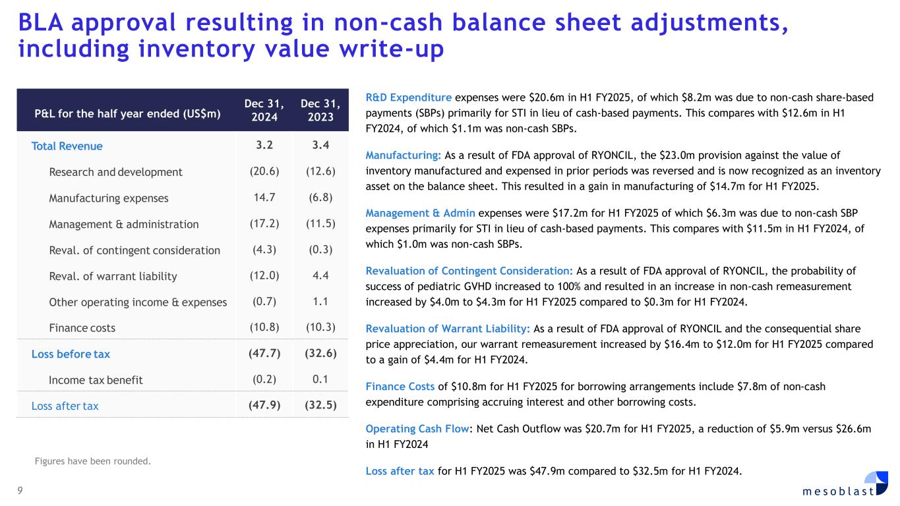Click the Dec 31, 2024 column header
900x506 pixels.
pyautogui.click(x=264, y=110)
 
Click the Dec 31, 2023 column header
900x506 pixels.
pyautogui.click(x=320, y=110)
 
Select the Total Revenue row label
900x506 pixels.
pyautogui.click(x=67, y=146)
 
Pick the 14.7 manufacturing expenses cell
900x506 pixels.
pyautogui.click(x=264, y=198)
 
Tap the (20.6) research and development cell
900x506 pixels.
pyautogui.click(x=264, y=172)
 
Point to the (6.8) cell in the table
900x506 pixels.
pyautogui.click(x=320, y=198)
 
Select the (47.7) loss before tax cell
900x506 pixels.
pyautogui.click(x=264, y=354)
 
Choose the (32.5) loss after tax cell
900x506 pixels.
pyautogui.click(x=320, y=406)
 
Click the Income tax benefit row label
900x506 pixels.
pyautogui.click(x=96, y=380)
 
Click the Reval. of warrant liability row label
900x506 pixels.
pyautogui.click(x=113, y=276)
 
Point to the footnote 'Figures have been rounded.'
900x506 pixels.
pyautogui.click(x=92, y=461)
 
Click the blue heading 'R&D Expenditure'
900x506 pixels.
pyautogui.click(x=409, y=98)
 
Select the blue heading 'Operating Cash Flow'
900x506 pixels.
pyautogui.click(x=417, y=428)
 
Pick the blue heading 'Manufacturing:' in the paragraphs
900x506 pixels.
pyautogui.click(x=404, y=155)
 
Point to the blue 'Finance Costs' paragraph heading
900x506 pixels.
pyautogui.click(x=400, y=387)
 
